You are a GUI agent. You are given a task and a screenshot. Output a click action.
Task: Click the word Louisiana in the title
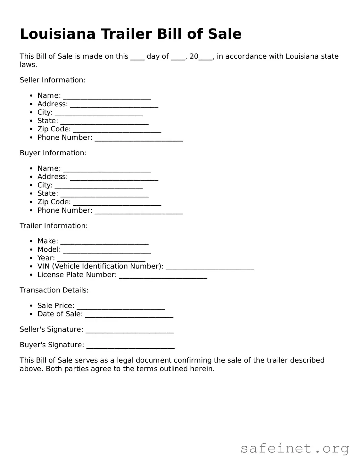point(58,34)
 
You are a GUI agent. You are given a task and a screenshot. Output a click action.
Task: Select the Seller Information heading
point(53,80)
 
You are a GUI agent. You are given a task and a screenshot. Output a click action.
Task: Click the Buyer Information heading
point(53,153)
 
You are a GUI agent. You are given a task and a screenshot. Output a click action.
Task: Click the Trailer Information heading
point(53,226)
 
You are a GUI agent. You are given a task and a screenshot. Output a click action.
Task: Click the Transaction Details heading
point(54,290)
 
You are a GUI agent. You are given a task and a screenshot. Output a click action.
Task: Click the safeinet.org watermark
point(294,449)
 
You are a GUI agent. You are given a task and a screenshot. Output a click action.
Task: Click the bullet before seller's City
point(31,112)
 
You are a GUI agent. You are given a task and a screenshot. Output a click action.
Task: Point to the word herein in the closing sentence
point(203,369)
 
